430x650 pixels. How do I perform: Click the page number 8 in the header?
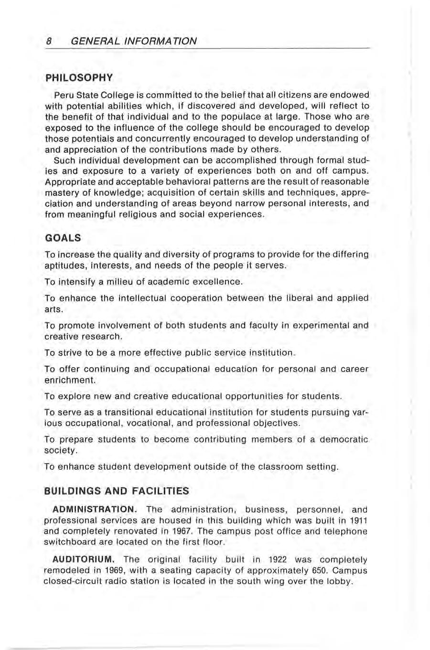[49, 41]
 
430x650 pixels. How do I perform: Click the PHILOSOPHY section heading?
[79, 77]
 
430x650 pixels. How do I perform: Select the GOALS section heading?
[63, 238]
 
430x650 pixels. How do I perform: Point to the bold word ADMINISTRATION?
[95, 509]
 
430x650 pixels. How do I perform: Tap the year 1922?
[278, 559]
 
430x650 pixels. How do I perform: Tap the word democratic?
[344, 439]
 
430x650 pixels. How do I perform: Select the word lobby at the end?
[341, 581]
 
